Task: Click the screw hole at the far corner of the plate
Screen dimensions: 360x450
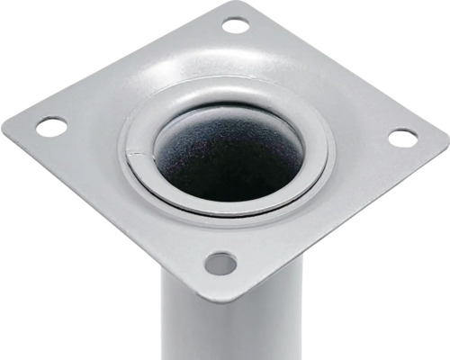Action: tap(236, 25)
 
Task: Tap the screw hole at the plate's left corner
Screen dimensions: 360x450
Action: tap(51, 127)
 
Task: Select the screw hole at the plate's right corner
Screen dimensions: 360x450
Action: tap(402, 138)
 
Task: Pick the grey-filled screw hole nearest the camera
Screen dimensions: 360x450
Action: tap(220, 264)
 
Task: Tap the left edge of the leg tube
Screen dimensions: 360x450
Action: tap(166, 324)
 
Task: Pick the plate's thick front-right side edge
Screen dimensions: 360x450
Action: tap(351, 225)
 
